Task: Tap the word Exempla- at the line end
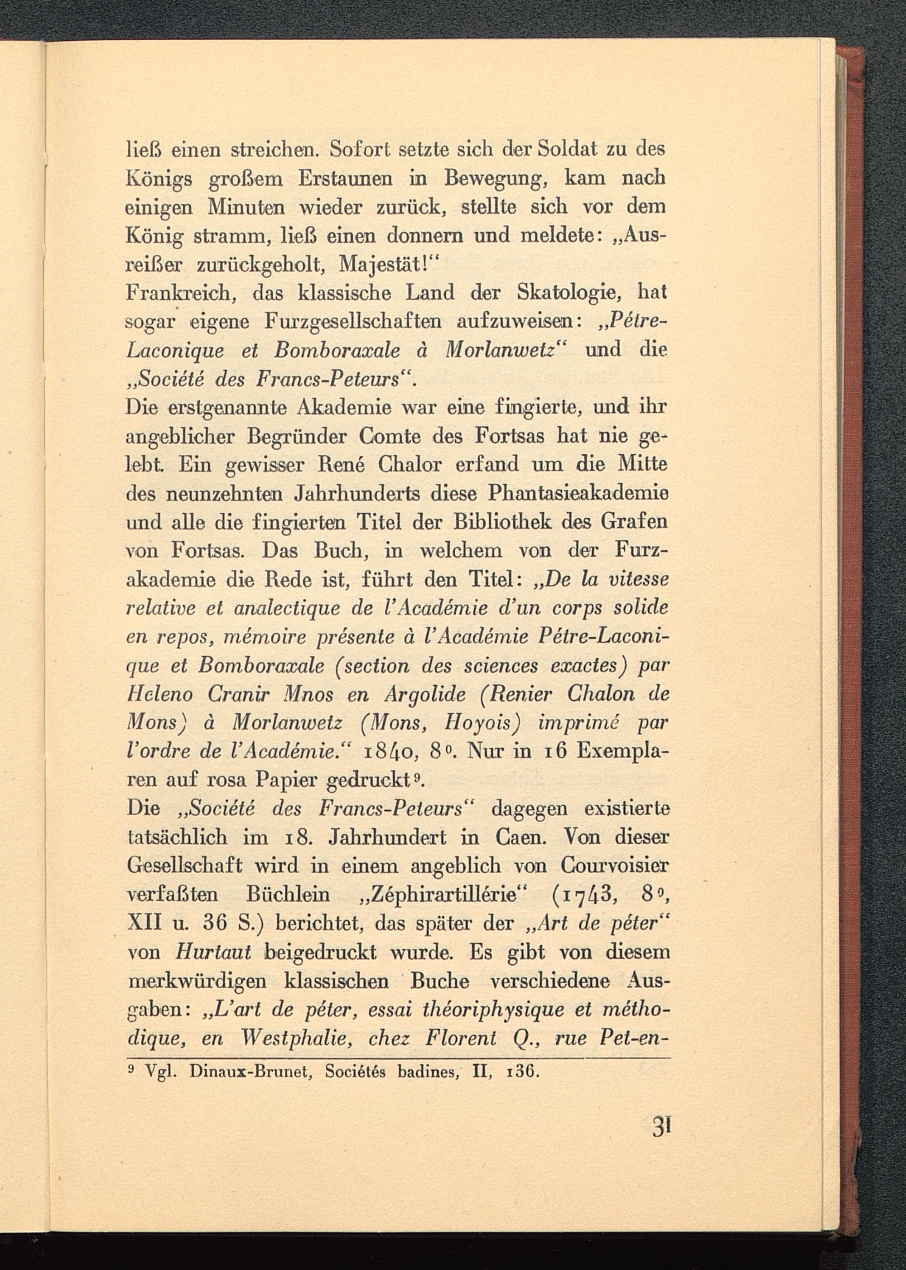(x=622, y=751)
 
